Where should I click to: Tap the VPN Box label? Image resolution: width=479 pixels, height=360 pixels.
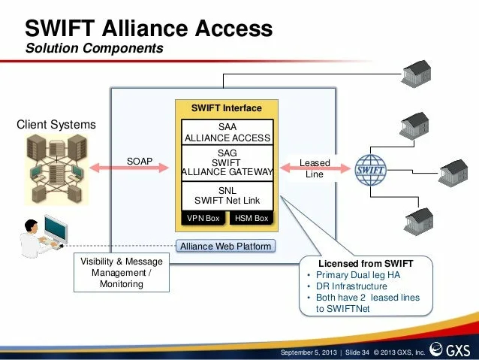click(x=203, y=218)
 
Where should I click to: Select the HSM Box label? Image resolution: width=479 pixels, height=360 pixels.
click(x=251, y=218)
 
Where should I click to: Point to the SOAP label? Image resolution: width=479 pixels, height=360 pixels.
click(x=140, y=162)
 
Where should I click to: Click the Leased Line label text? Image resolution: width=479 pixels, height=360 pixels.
click(x=315, y=168)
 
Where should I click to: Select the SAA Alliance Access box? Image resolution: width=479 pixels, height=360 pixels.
click(x=227, y=132)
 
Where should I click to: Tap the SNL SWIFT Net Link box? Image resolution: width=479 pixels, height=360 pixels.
click(x=227, y=195)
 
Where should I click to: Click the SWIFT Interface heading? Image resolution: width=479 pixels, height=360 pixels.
click(x=227, y=108)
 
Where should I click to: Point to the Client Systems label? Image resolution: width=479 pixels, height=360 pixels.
click(x=56, y=125)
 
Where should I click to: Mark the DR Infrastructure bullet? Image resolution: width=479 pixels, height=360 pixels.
click(x=351, y=286)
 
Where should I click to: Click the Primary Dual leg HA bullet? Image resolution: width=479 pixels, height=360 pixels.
click(x=358, y=275)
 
